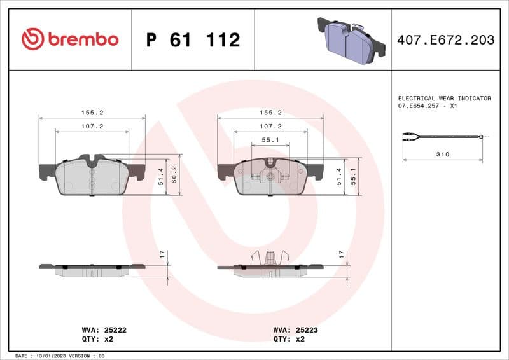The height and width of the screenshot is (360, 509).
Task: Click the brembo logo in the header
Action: [69, 39]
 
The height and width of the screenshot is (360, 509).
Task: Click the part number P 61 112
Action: [193, 40]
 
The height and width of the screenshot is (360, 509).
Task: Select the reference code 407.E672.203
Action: [445, 40]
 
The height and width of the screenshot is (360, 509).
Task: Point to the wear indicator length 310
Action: [443, 155]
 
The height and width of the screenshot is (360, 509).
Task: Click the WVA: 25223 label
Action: [296, 330]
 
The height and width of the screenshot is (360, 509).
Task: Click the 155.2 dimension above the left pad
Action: [92, 112]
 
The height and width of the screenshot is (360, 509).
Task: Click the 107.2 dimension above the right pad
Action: [270, 127]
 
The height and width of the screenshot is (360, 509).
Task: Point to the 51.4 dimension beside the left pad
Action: [162, 176]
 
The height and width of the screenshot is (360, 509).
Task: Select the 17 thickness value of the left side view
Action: [162, 253]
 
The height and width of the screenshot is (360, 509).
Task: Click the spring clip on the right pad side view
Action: [270, 258]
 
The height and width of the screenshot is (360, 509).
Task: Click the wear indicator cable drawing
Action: [443, 136]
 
